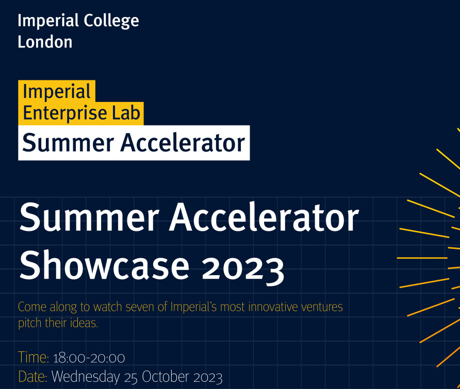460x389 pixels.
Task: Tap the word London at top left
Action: tap(45, 42)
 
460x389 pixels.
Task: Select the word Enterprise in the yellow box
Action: tap(65, 113)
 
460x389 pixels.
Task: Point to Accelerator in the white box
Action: tap(183, 143)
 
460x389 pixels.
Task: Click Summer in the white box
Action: tap(68, 143)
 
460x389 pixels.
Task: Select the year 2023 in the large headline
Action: tap(243, 268)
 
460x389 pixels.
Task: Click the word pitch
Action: tap(30, 323)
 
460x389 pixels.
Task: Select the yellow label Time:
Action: tap(34, 358)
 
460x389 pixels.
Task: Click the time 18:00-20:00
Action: tap(89, 358)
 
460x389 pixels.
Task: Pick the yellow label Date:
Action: tap(33, 377)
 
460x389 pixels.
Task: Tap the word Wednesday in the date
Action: tap(86, 377)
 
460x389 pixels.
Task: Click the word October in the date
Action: tap(165, 377)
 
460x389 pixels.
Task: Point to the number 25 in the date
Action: tap(131, 378)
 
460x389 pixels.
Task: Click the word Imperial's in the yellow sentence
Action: tap(193, 307)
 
